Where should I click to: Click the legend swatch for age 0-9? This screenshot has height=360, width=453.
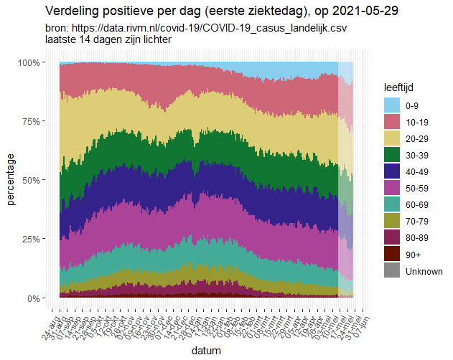tap(391, 105)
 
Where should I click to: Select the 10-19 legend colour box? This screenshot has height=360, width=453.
tap(391, 122)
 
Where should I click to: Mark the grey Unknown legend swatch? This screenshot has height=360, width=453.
tap(391, 270)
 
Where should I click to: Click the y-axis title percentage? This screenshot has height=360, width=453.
tap(11, 180)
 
